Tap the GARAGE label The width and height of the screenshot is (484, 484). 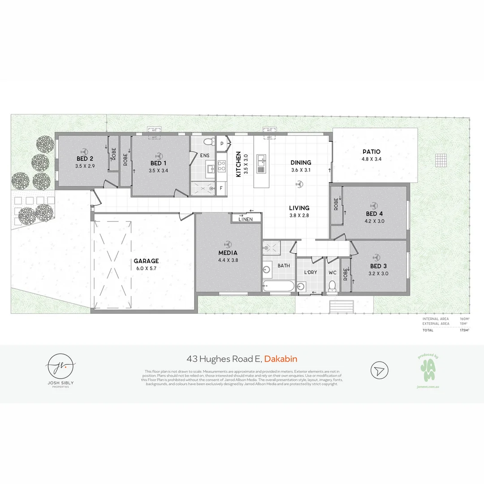146,261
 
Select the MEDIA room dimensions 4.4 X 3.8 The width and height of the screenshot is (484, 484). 228,260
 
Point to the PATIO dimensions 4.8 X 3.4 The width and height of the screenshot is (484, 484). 371,159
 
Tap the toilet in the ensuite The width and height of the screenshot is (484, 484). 207,142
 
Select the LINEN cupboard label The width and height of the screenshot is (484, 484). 246,219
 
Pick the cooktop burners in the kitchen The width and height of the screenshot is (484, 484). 221,166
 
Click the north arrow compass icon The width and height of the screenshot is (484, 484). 379,371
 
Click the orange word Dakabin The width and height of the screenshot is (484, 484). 281,359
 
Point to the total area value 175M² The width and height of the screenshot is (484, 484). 464,330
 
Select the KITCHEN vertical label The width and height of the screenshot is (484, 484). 238,164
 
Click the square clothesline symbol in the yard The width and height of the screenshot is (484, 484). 441,160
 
